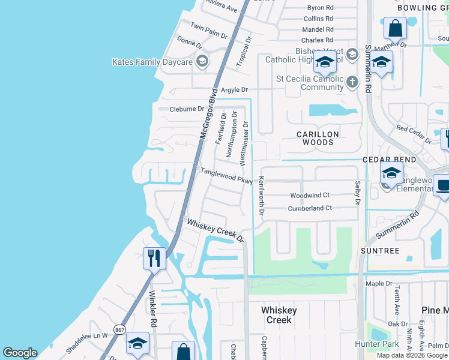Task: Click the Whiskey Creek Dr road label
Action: [215, 230]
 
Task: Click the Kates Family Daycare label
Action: [152, 62]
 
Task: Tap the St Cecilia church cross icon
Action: [352, 82]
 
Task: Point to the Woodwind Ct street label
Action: [310, 196]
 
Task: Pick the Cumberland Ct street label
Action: [310, 208]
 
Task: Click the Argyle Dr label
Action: [234, 90]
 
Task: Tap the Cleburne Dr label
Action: [187, 109]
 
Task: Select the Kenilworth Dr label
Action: [262, 197]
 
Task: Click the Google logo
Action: [20, 353]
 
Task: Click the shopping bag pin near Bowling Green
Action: [396, 28]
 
